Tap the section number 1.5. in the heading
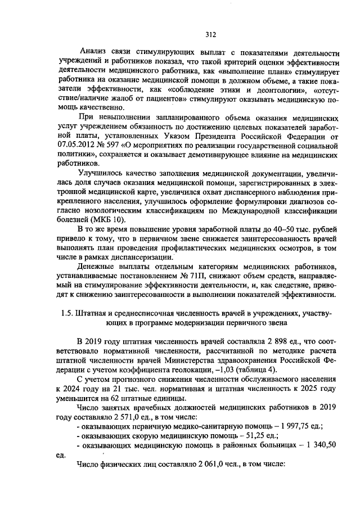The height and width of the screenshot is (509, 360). tap(68, 313)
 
